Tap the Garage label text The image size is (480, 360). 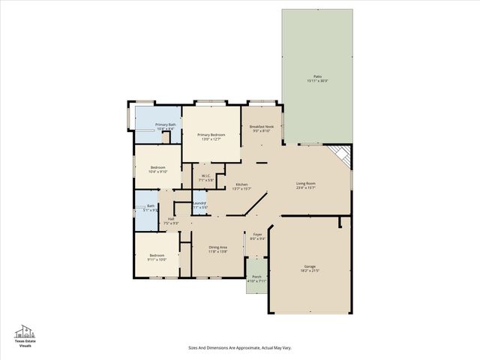point(310,266)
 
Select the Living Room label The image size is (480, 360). point(305,183)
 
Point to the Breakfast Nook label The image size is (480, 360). point(261,127)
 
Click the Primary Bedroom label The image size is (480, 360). point(211,134)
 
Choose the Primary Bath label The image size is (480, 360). point(166,124)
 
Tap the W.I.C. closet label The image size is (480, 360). point(207,176)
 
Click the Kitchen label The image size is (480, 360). point(241,184)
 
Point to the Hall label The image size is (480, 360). point(171,218)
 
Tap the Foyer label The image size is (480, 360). point(257,235)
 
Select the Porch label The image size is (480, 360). point(256,277)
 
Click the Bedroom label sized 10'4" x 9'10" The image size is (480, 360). point(157,166)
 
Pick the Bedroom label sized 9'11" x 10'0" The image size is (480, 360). point(157,256)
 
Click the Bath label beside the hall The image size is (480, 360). point(151,206)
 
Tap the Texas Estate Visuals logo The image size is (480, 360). point(25,334)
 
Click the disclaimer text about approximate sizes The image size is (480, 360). point(239,348)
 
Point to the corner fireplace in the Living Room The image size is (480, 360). point(341,154)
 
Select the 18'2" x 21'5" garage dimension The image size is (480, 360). point(310,271)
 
